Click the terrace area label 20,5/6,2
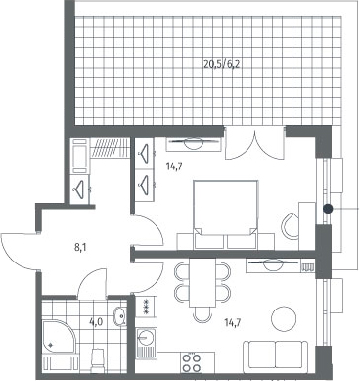click(x=222, y=64)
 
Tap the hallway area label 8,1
click(x=80, y=248)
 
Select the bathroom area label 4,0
click(x=96, y=322)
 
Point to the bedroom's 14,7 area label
click(x=174, y=167)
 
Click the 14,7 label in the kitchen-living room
click(x=233, y=323)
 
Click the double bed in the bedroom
click(x=226, y=214)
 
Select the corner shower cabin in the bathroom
click(x=59, y=337)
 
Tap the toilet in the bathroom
click(x=98, y=360)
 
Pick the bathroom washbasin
click(x=120, y=316)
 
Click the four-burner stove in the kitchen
click(x=192, y=362)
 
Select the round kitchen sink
click(x=146, y=337)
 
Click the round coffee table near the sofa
click(x=284, y=318)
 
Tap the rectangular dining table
click(x=202, y=282)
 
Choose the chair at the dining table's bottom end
click(x=202, y=315)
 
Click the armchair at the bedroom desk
click(x=290, y=226)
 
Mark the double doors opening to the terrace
click(x=254, y=143)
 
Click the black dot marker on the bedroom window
click(x=328, y=208)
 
